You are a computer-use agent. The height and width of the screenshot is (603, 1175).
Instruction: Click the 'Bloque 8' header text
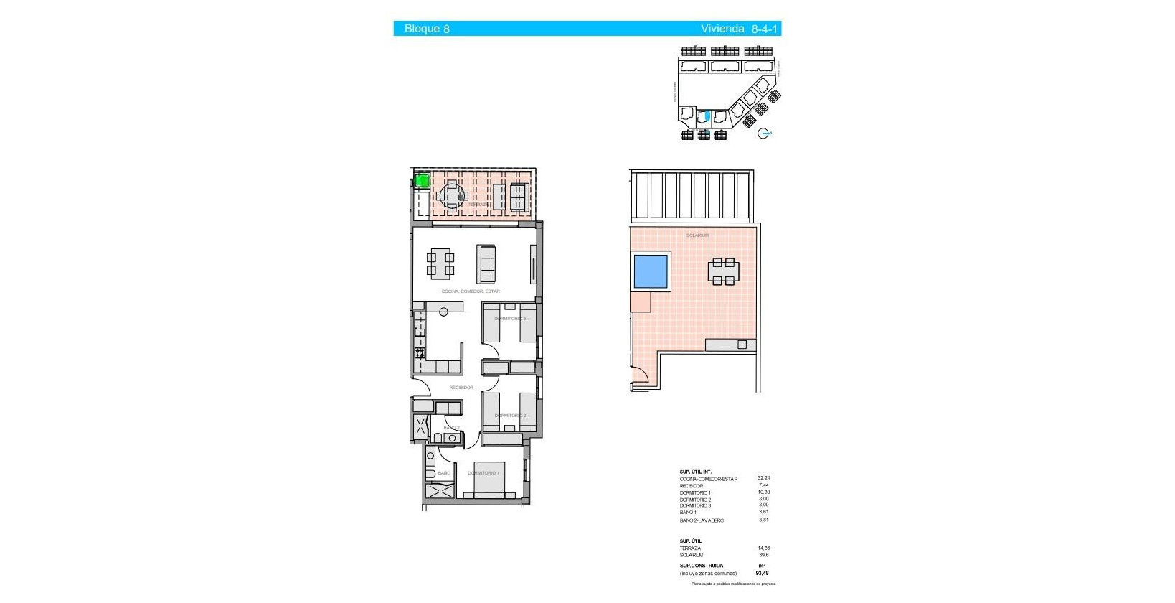click(x=427, y=29)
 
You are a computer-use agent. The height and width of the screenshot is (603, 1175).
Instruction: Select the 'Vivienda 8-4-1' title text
click(x=739, y=29)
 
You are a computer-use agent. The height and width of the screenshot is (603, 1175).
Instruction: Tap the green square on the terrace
click(x=422, y=180)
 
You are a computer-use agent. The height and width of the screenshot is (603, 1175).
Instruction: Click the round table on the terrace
click(x=453, y=195)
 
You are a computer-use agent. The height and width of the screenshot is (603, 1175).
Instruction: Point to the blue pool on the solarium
click(x=651, y=271)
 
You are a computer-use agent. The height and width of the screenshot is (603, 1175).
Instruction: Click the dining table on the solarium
click(x=723, y=271)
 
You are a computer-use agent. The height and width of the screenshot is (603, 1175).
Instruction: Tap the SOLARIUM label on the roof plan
click(x=697, y=235)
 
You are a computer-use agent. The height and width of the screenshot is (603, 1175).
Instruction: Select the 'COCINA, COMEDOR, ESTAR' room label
click(x=471, y=291)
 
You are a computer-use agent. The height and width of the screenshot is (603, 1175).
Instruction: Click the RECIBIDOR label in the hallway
click(x=461, y=388)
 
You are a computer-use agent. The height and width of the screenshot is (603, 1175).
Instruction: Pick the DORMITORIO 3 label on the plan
click(x=510, y=319)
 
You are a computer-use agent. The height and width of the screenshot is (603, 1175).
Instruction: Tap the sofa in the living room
click(x=486, y=264)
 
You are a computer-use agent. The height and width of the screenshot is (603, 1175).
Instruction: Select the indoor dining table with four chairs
click(x=440, y=263)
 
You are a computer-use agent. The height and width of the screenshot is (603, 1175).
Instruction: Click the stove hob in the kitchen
click(x=420, y=352)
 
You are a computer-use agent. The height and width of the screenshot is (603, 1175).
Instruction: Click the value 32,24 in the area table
click(x=763, y=478)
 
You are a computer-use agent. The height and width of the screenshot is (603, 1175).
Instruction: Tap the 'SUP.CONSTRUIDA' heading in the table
click(x=702, y=566)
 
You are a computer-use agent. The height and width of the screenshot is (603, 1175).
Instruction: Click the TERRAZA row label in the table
click(x=691, y=548)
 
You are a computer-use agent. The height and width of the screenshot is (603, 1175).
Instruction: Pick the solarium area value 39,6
click(x=763, y=555)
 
